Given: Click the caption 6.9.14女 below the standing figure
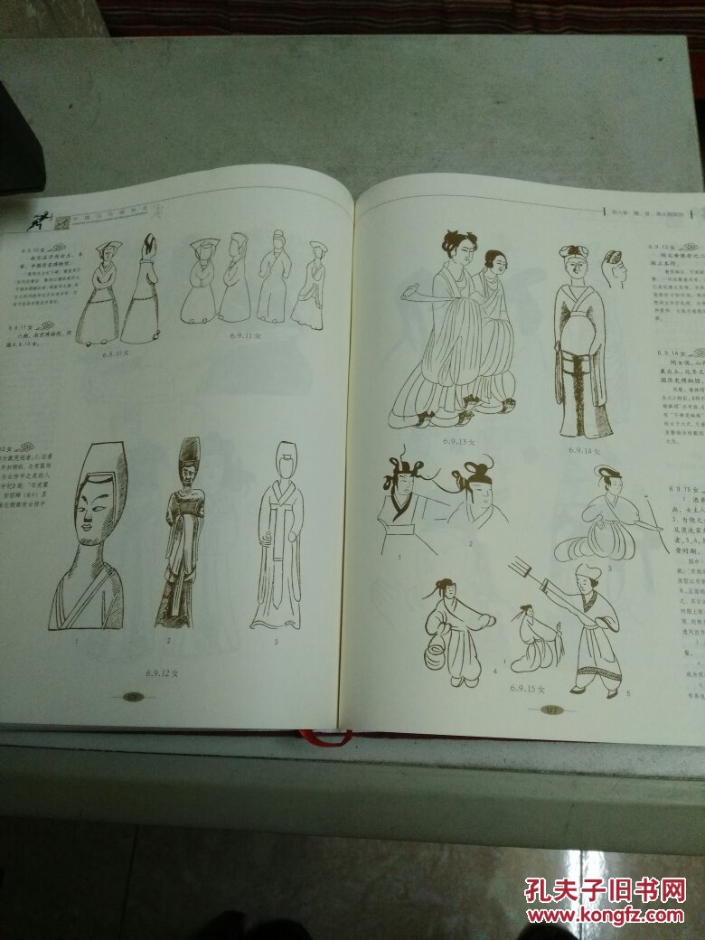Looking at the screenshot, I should point(585,449).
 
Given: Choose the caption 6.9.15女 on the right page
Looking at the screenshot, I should point(525,688).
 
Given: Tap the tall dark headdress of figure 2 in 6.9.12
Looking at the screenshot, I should point(190,454).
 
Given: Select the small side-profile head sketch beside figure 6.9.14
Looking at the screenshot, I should point(613,268).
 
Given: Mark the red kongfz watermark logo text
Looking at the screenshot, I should point(604,890).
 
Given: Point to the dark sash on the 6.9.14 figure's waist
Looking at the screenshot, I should point(576,362).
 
